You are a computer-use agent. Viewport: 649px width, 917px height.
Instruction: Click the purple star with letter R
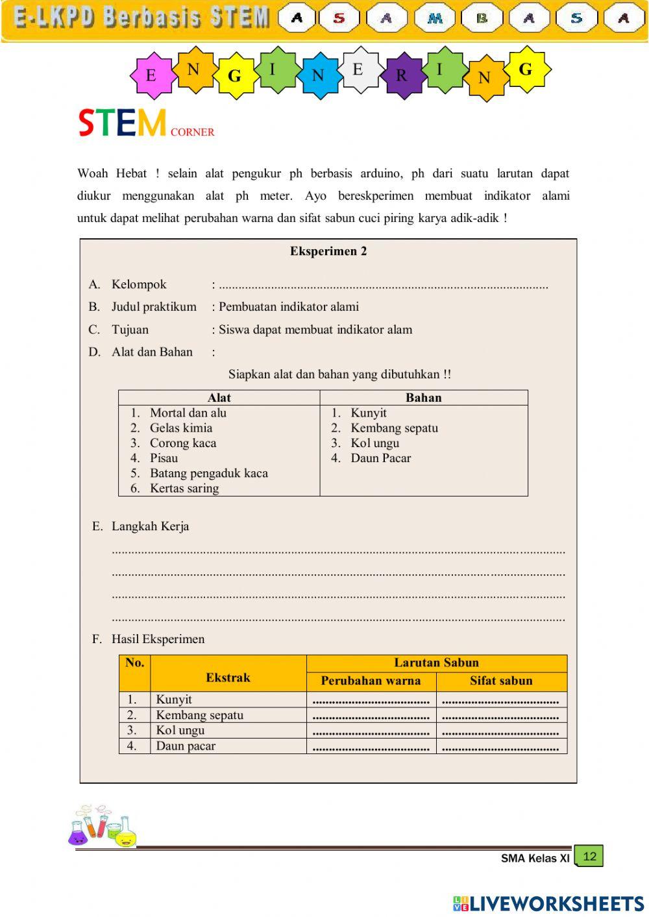[402, 75]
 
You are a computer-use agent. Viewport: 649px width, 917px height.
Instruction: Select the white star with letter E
[358, 69]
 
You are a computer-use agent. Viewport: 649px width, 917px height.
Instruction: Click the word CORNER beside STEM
[192, 132]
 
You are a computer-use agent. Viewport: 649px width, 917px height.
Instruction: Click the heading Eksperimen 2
[328, 251]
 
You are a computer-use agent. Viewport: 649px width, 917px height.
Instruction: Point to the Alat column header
[219, 398]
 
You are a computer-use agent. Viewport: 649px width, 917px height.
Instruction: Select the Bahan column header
[423, 398]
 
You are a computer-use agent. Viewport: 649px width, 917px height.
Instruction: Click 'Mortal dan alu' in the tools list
[188, 413]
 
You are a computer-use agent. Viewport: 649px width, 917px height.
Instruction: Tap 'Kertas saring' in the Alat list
[184, 488]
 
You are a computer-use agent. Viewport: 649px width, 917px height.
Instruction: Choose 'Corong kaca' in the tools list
[182, 443]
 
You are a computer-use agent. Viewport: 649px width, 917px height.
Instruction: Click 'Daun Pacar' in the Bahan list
[380, 458]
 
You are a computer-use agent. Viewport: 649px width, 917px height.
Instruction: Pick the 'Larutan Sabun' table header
[436, 663]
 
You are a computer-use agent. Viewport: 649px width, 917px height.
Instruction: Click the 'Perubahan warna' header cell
[371, 681]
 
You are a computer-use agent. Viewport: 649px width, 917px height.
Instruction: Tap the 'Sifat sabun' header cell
[501, 681]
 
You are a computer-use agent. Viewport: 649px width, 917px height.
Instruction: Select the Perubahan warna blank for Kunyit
[371, 700]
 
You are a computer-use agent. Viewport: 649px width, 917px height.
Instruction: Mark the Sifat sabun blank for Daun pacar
[501, 746]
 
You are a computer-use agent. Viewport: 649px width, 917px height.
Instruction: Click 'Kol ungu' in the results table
[180, 730]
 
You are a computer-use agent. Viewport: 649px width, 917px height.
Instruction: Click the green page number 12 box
[589, 856]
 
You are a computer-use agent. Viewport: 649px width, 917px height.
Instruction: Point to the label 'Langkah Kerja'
[150, 526]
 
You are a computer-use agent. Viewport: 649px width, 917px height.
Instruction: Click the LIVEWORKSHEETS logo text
[556, 903]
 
